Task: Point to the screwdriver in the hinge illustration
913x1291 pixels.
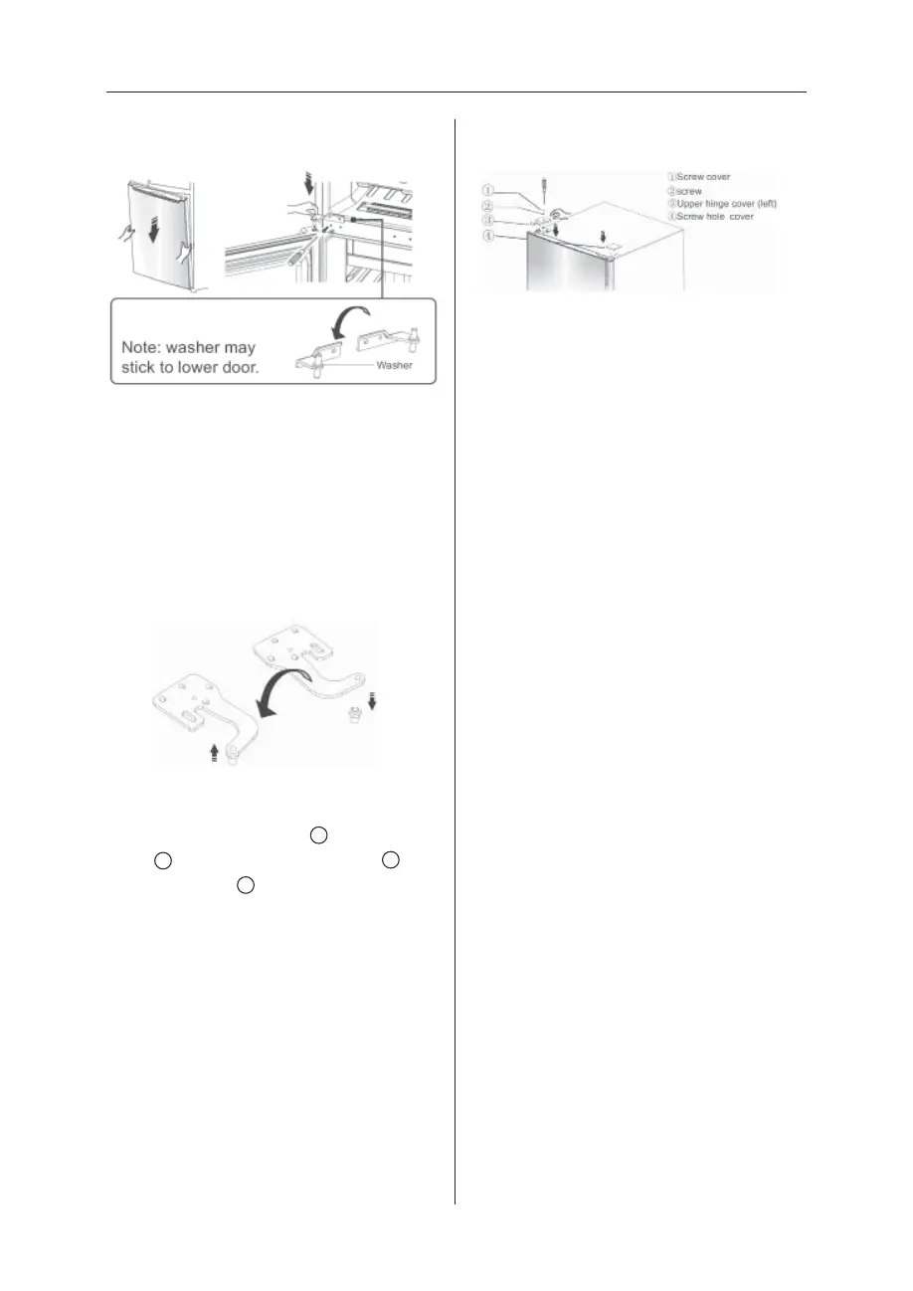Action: tap(300, 258)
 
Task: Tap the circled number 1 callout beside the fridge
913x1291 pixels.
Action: tap(487, 188)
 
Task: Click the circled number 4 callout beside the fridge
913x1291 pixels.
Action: tap(487, 236)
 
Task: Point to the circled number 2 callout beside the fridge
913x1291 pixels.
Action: tap(487, 206)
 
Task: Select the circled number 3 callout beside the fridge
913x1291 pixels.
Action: tap(487, 221)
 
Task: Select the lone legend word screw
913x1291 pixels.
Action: tap(688, 191)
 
